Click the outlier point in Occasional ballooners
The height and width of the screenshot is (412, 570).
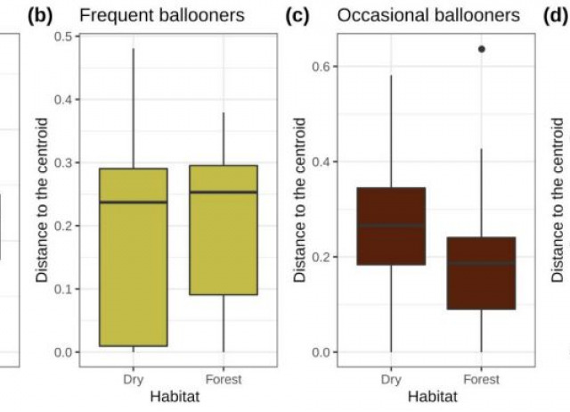click(x=481, y=49)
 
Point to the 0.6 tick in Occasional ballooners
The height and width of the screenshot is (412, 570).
click(x=326, y=66)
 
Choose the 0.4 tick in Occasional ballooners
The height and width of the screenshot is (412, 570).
click(x=326, y=161)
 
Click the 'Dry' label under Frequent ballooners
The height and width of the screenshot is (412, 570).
click(x=134, y=377)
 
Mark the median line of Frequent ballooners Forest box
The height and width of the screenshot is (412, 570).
click(x=224, y=192)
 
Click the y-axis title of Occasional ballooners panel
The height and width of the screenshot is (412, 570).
click(x=301, y=200)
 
